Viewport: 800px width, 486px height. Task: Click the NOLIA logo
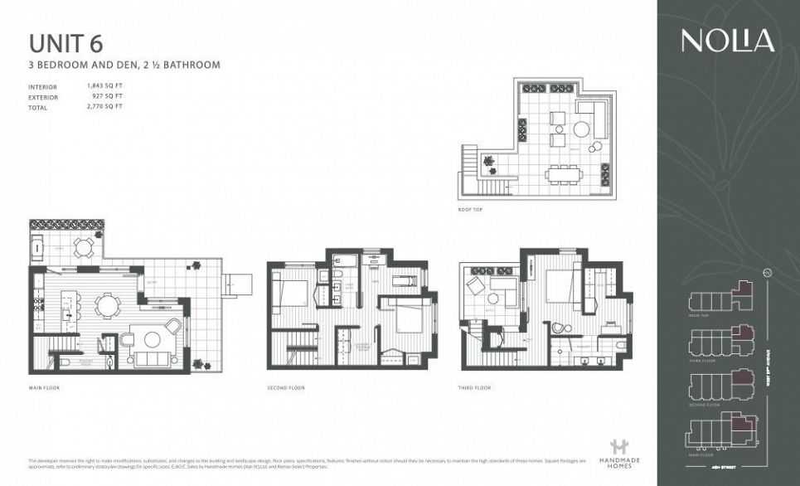728,41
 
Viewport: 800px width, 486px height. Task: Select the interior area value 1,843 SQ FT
105,86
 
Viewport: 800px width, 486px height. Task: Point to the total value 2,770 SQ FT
105,106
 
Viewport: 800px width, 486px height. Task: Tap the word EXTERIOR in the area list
43,96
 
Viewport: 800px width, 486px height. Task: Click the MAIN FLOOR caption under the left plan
44,387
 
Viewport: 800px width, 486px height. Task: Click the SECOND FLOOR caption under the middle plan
285,387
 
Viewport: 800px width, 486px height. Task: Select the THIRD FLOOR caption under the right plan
475,387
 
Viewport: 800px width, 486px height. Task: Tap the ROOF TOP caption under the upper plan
469,210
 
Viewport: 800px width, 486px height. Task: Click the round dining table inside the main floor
107,306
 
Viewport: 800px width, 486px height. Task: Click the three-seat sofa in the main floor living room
149,359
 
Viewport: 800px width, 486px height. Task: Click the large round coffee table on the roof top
584,129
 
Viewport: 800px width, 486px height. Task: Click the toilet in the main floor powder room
65,362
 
